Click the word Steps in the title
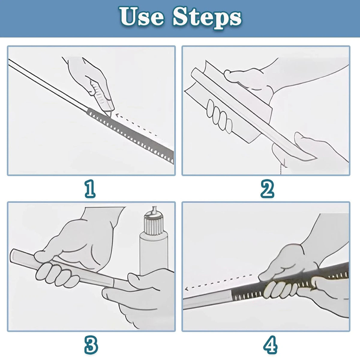tap(207, 18)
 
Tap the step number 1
tap(90, 189)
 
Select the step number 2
tap(267, 189)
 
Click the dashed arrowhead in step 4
tap(186, 289)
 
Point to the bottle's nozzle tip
tap(154, 207)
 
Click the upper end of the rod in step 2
tap(194, 72)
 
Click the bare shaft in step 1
tap(47, 85)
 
